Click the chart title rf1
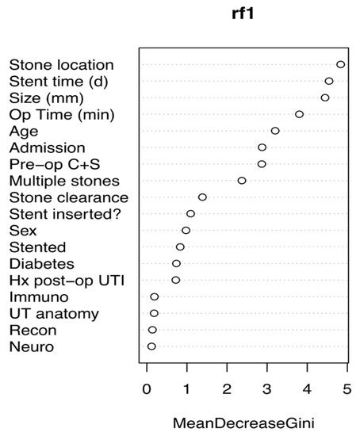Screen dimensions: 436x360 243,13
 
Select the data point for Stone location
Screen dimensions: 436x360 340,64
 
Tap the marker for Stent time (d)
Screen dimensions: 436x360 329,81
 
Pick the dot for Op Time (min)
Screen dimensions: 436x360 299,114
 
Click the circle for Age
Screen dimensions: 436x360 275,131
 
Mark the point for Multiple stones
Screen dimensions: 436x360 242,181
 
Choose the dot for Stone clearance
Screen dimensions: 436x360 202,197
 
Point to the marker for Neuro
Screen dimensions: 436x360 151,346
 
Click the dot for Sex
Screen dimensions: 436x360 186,231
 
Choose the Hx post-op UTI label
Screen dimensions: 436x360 62,281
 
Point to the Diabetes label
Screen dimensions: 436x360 41,264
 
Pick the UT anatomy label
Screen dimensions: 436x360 54,314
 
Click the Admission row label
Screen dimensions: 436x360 48,147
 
